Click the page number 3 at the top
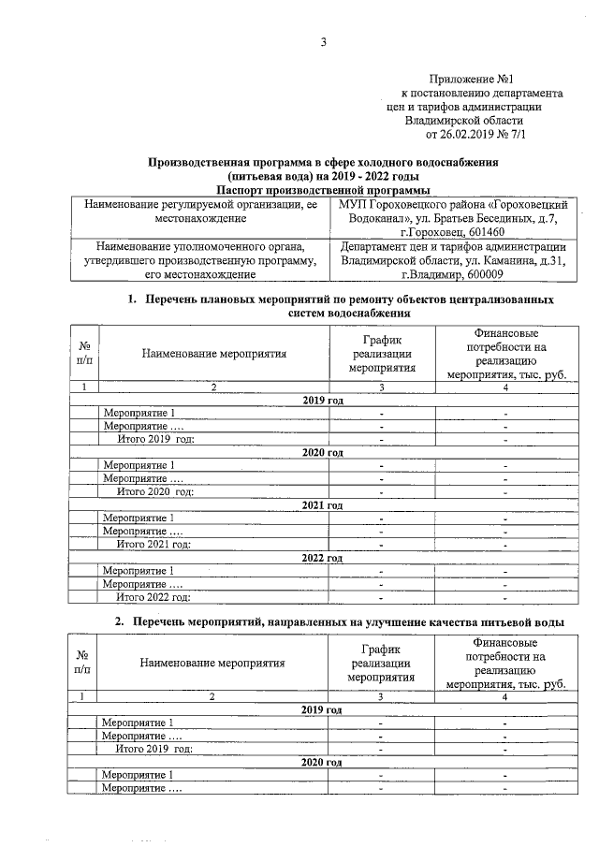[322, 40]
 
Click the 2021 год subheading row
[323, 505]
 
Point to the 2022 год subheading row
[323, 559]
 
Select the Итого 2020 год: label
[155, 491]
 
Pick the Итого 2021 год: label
[153, 545]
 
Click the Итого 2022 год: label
[153, 597]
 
